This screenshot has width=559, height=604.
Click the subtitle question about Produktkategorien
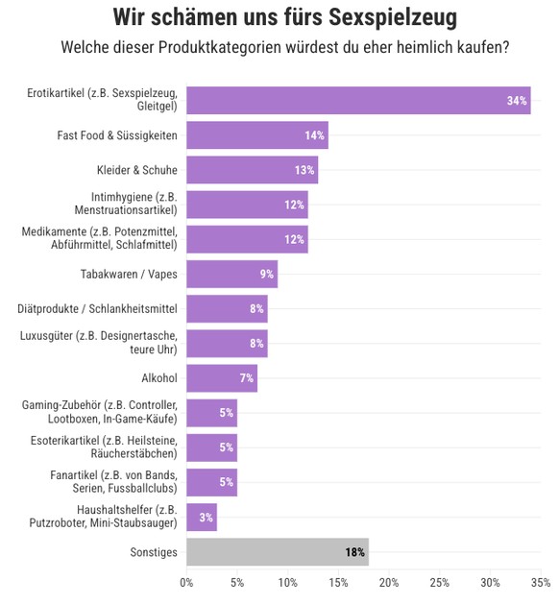284,46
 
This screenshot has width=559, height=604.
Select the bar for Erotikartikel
357,100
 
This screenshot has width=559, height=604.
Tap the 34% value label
517,101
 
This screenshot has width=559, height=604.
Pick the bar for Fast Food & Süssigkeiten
256,135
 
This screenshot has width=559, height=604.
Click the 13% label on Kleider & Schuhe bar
304,170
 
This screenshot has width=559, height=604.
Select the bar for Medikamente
247,239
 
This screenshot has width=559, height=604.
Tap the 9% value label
266,275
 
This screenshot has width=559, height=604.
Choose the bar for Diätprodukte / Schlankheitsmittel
227,308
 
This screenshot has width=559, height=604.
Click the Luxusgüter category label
98,343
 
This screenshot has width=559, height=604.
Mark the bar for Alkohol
221,377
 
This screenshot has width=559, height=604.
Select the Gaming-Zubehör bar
211,413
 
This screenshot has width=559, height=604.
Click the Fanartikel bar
211,482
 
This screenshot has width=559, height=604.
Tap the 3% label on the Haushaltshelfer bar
206,518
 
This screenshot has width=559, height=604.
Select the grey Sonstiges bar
277,552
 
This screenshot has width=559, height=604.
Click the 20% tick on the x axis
389,583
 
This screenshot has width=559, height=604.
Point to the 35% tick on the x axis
540,583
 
